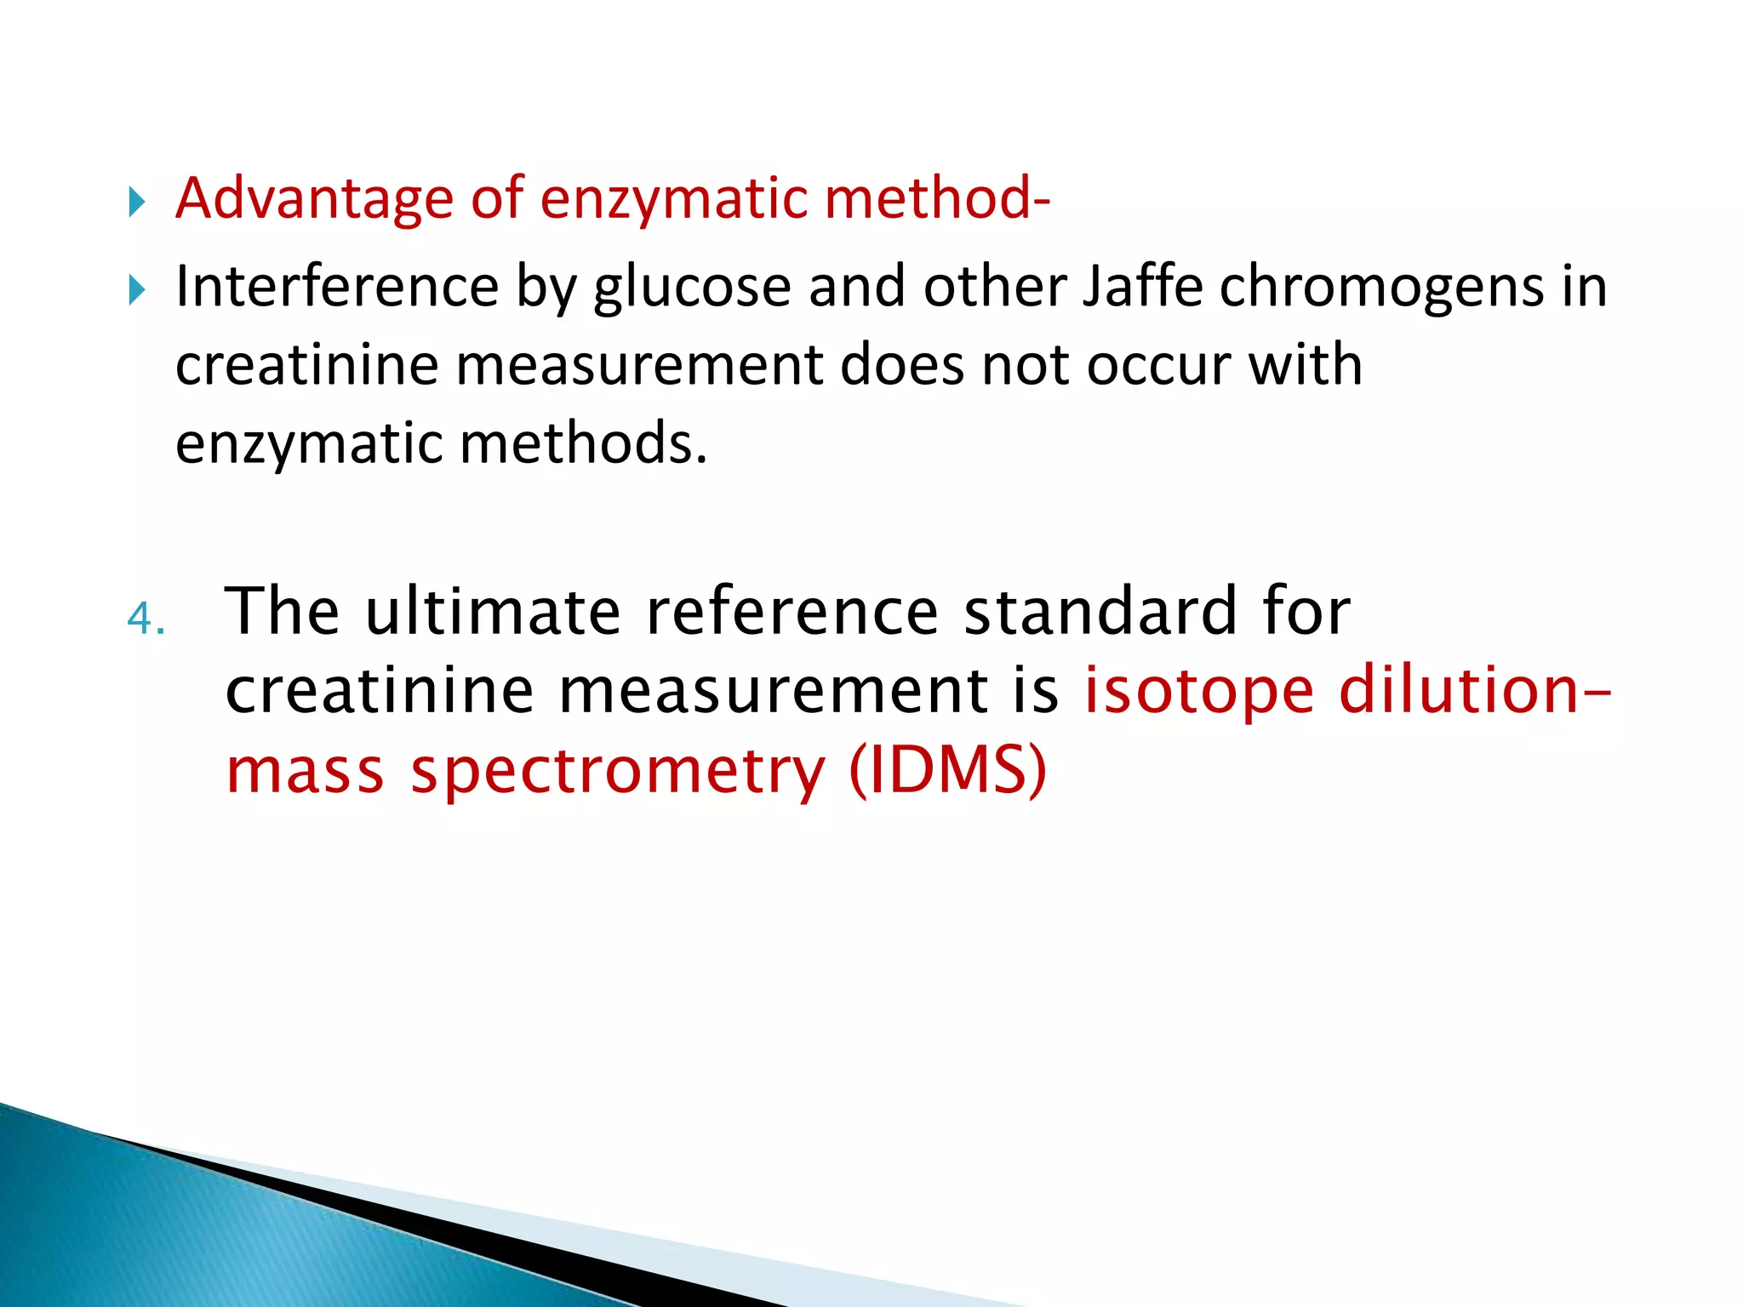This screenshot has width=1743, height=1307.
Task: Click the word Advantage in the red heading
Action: (x=314, y=199)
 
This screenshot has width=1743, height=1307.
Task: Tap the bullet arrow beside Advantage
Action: (x=136, y=203)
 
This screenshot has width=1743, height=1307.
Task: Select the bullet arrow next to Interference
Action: (x=136, y=291)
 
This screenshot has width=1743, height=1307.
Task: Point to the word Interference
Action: (x=336, y=287)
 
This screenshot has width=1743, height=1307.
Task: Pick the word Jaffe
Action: (x=1142, y=287)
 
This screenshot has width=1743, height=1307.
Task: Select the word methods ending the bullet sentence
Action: (x=583, y=444)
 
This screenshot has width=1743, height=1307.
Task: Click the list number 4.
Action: (x=145, y=619)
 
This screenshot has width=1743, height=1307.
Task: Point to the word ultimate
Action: (x=493, y=612)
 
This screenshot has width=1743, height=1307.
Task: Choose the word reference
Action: (x=792, y=612)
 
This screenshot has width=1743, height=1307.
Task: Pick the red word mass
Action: (x=305, y=771)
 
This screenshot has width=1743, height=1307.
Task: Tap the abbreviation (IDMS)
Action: (x=947, y=771)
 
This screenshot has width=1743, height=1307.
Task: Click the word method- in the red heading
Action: (x=937, y=199)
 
